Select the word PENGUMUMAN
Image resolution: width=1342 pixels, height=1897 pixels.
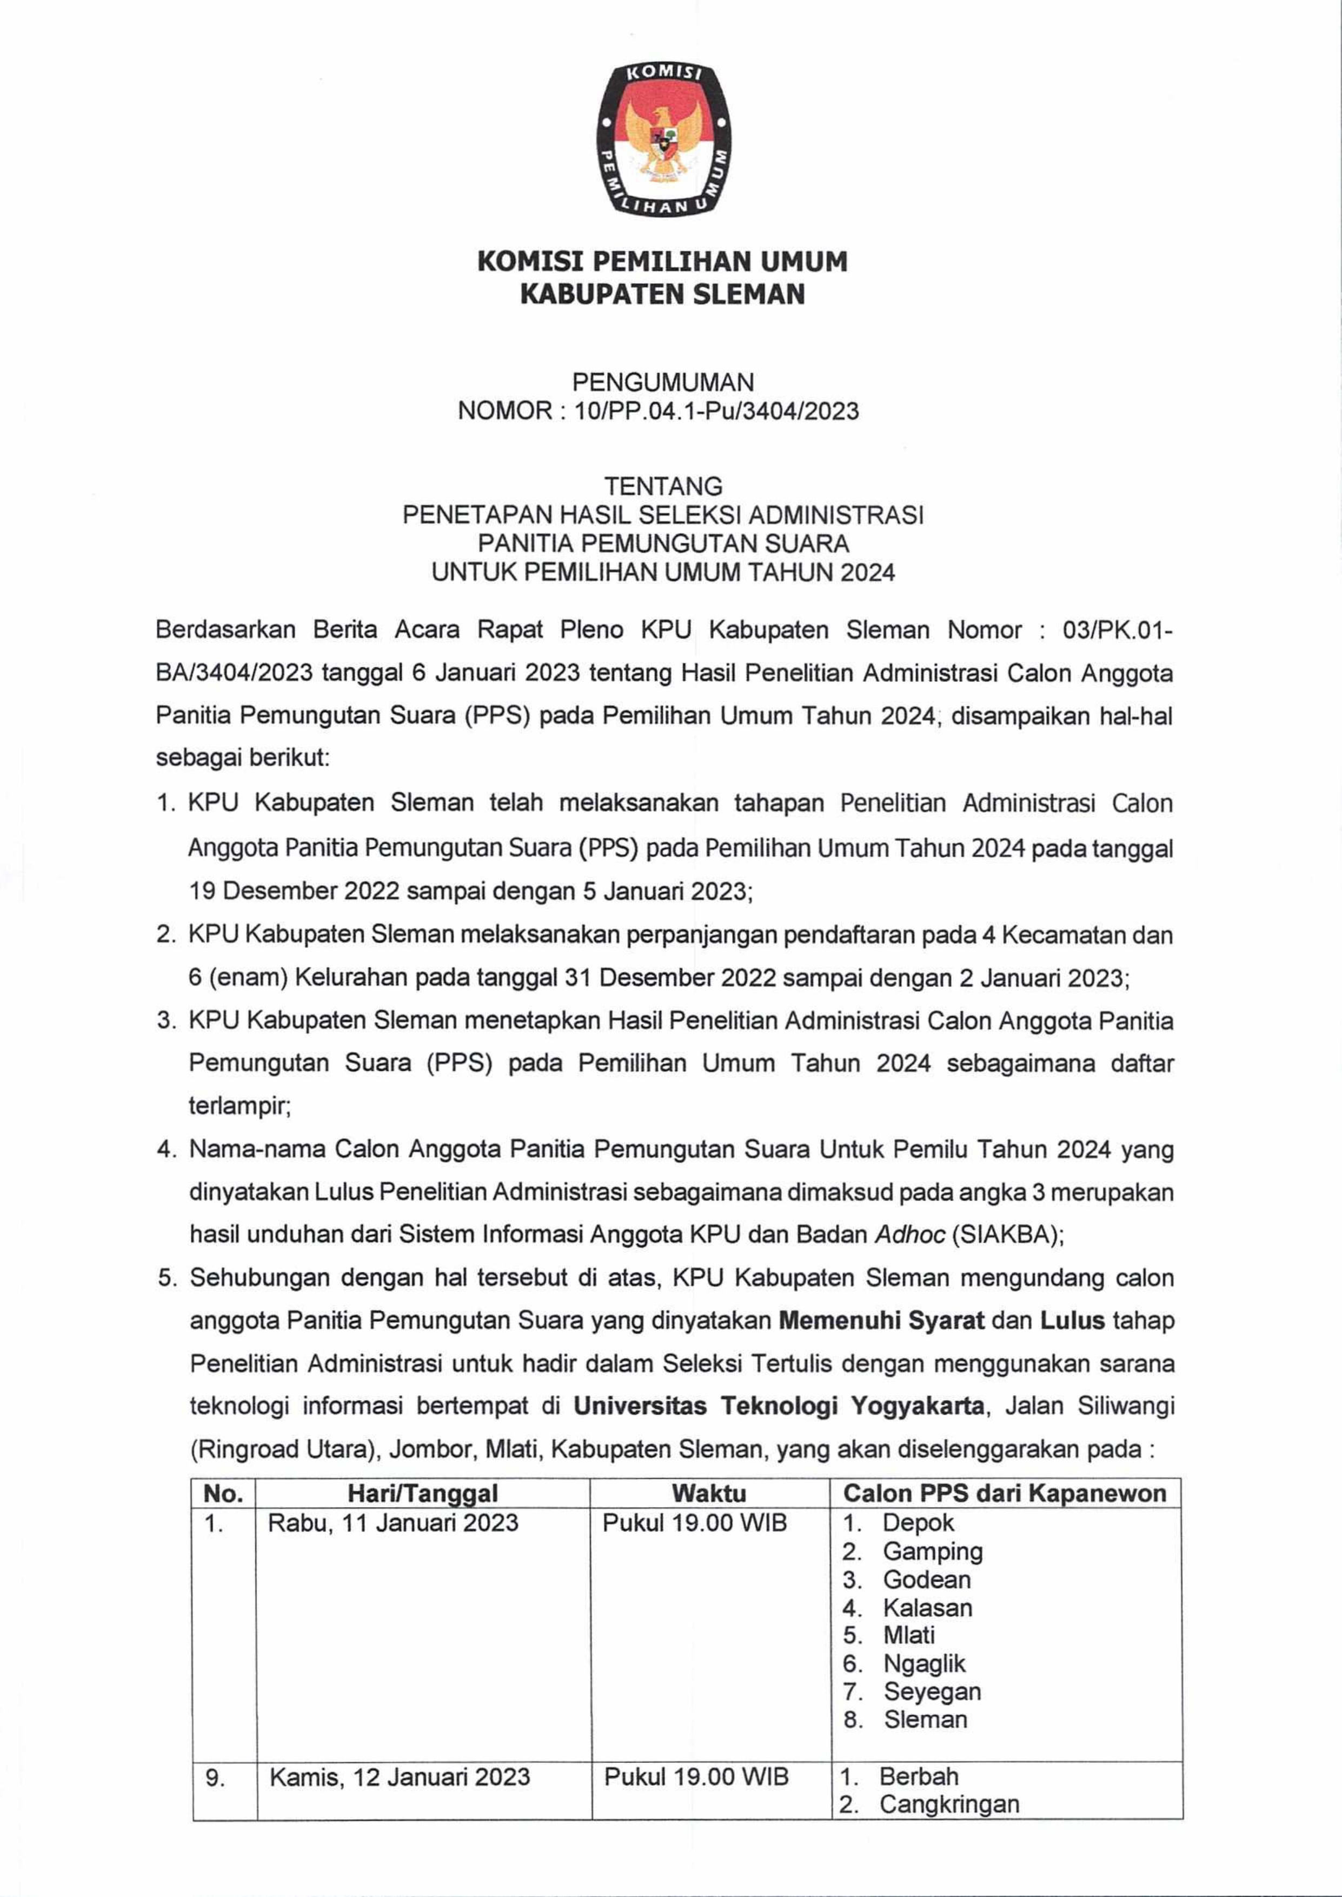[663, 382]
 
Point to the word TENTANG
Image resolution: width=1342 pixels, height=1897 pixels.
[663, 486]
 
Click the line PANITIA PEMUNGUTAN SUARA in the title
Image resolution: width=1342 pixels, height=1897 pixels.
[663, 543]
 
